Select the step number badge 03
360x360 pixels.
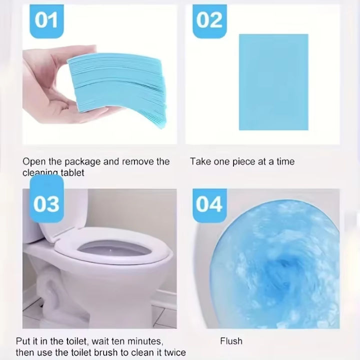coord(46,203)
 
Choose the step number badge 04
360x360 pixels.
coord(209,203)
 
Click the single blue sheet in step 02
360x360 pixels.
coord(273,82)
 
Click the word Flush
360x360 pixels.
coord(231,341)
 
